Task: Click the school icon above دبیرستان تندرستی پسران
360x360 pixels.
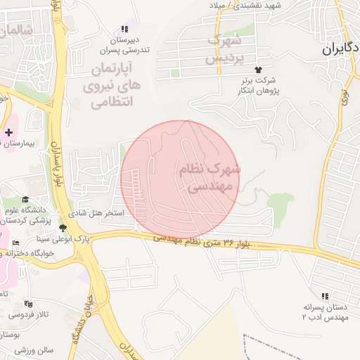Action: pos(124,29)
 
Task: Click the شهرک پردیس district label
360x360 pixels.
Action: pos(227,48)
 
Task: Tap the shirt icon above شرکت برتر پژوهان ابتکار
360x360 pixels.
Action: pos(258,70)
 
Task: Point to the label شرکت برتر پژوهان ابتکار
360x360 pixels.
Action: pos(258,86)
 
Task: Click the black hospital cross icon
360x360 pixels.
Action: pos(8,132)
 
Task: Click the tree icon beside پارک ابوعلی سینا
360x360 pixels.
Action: pos(63,228)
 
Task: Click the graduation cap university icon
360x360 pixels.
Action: pos(26,199)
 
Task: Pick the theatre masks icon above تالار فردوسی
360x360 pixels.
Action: pos(27,304)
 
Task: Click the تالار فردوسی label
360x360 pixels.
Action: pos(29,315)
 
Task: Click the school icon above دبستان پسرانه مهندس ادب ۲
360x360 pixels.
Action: pos(324,297)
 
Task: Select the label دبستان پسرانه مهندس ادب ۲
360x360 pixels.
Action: pos(324,312)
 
